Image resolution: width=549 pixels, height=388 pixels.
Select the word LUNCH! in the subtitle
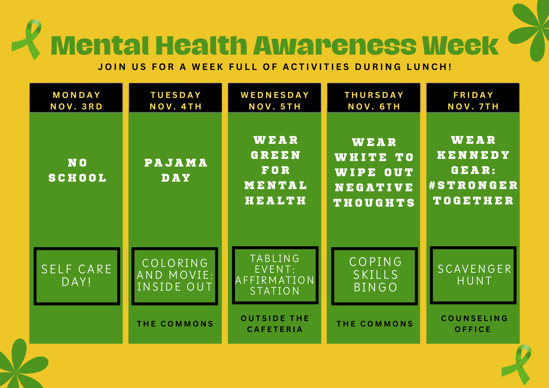(x=429, y=67)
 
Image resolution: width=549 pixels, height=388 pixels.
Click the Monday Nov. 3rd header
(x=76, y=98)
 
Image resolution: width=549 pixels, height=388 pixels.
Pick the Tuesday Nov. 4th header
(x=175, y=98)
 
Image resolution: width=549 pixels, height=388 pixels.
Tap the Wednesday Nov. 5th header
(x=274, y=98)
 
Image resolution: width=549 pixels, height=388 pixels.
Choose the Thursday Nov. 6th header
(x=374, y=98)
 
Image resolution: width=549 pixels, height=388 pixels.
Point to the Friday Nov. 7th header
(x=473, y=98)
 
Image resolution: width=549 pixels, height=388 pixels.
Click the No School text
(x=77, y=170)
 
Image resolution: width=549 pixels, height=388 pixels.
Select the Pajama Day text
(x=176, y=170)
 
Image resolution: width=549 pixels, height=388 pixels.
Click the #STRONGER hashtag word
(x=473, y=185)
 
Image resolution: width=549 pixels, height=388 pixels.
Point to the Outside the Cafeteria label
(x=275, y=324)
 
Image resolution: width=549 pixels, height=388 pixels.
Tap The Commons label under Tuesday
(x=175, y=324)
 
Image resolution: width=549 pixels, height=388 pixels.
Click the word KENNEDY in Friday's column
(x=473, y=155)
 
